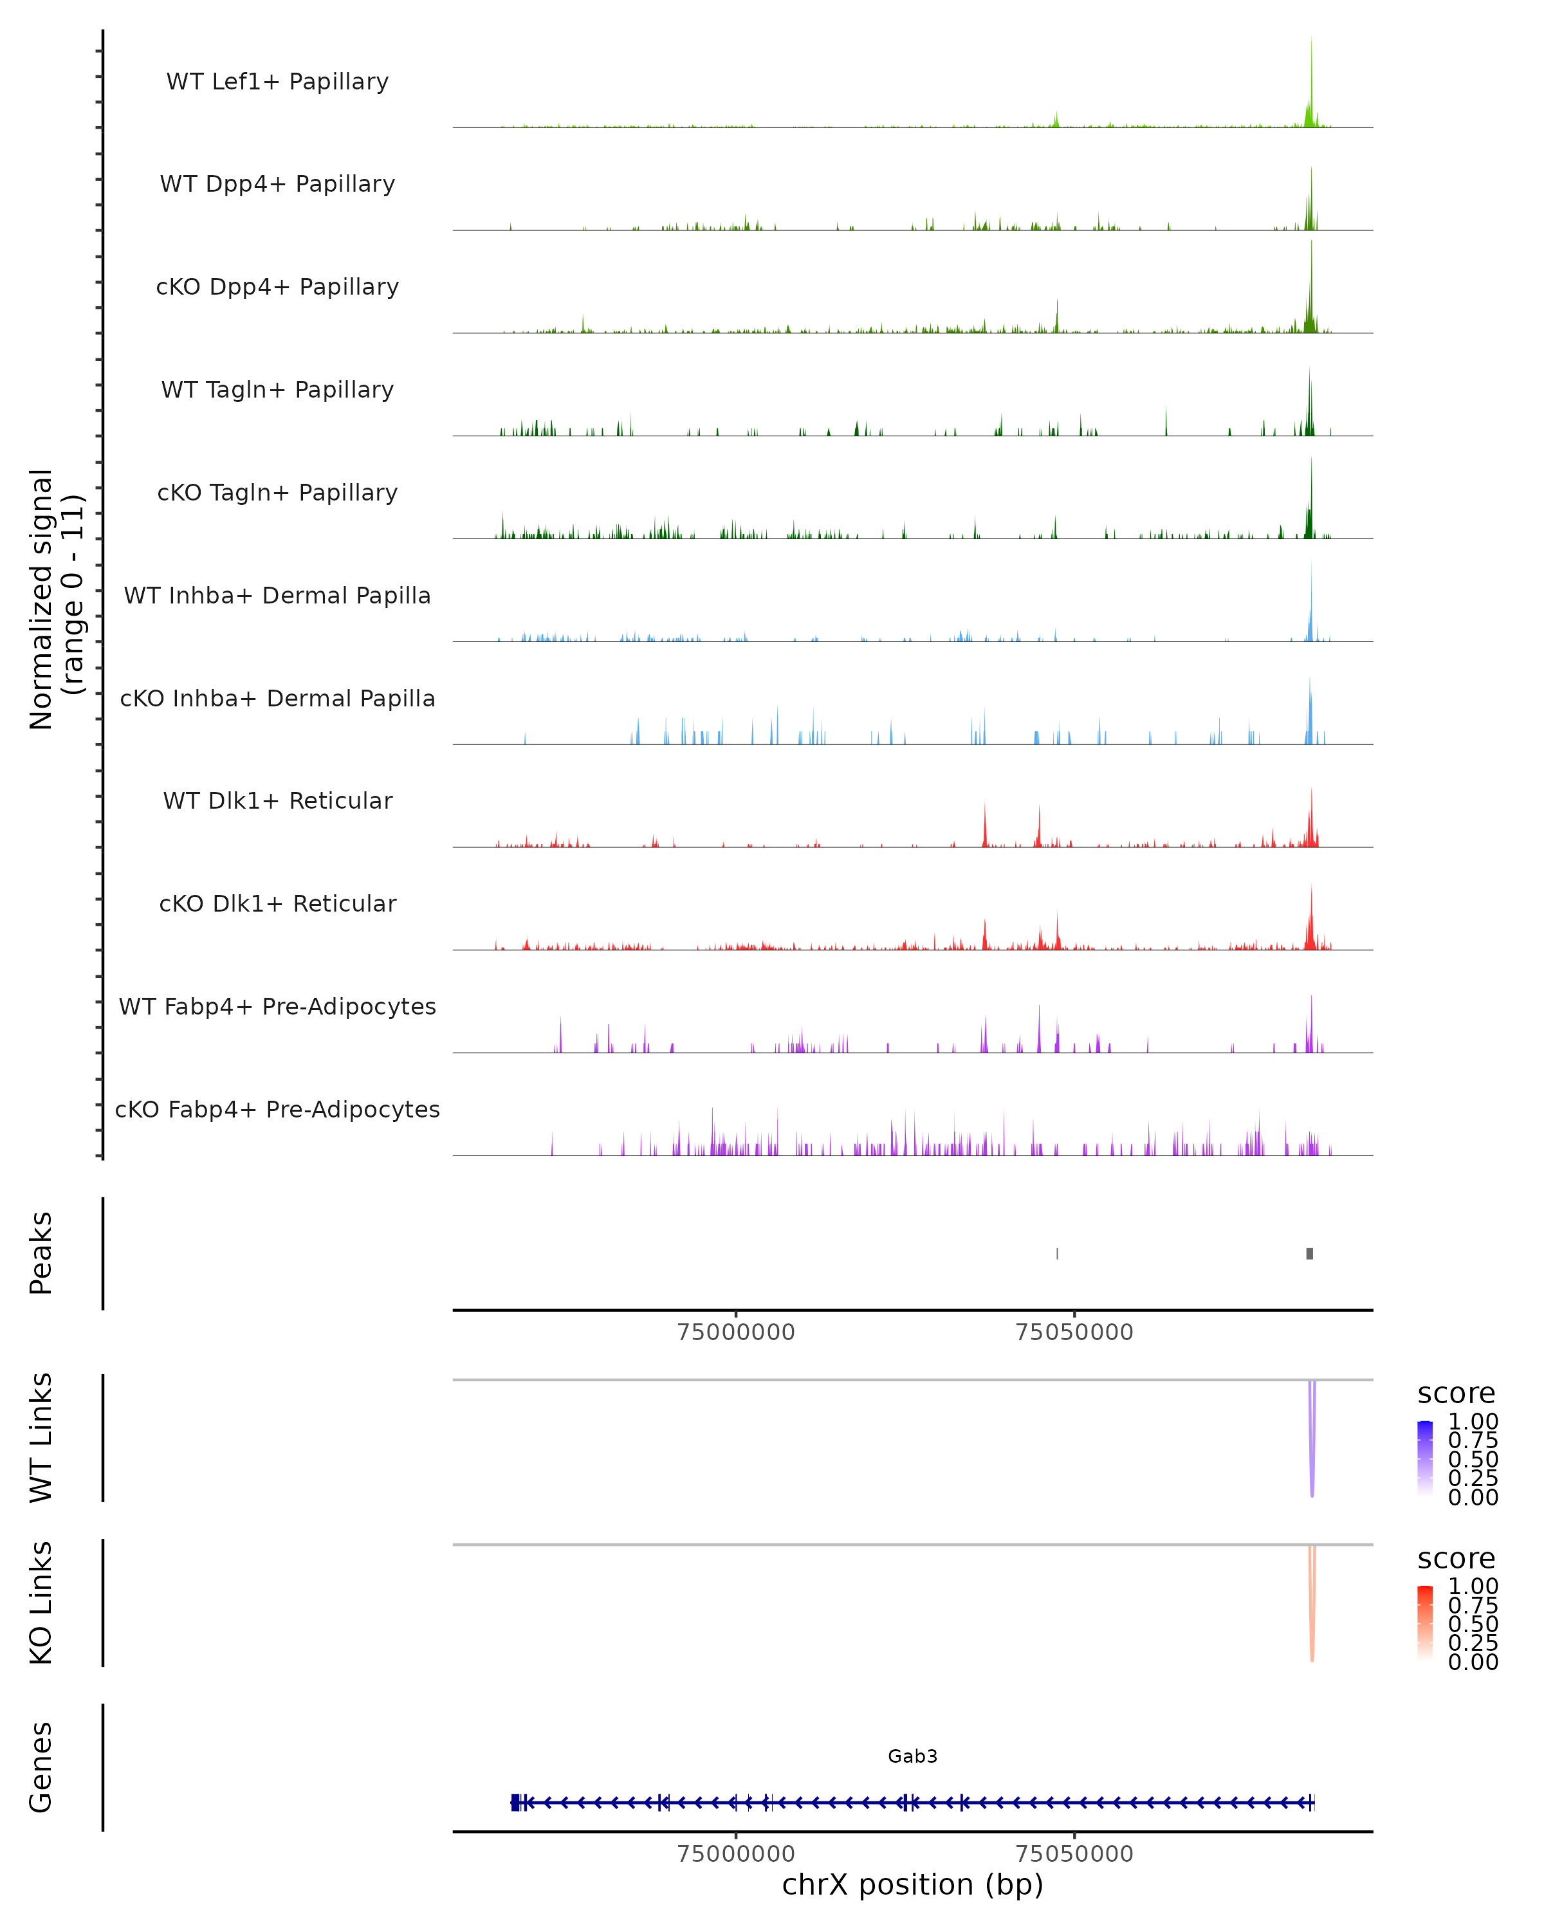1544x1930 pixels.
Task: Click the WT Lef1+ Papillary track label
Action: (277, 82)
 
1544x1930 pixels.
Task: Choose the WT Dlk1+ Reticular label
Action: (277, 800)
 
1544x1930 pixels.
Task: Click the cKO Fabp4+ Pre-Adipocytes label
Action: (277, 1109)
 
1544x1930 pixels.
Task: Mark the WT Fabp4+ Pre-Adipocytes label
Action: (277, 1006)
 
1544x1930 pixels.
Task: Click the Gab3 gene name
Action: (912, 1756)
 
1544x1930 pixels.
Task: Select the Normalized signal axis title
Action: (55, 599)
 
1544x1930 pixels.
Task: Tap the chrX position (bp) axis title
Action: (912, 1884)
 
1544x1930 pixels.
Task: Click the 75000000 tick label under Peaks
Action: (736, 1332)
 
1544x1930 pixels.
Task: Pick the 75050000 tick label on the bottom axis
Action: (1074, 1853)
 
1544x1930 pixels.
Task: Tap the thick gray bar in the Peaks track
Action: (1309, 1253)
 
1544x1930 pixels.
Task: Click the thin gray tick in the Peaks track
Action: (1057, 1253)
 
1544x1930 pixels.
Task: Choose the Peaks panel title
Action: (41, 1253)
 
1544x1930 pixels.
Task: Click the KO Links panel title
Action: (41, 1603)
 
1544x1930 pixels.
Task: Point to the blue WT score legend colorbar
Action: (1425, 1457)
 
